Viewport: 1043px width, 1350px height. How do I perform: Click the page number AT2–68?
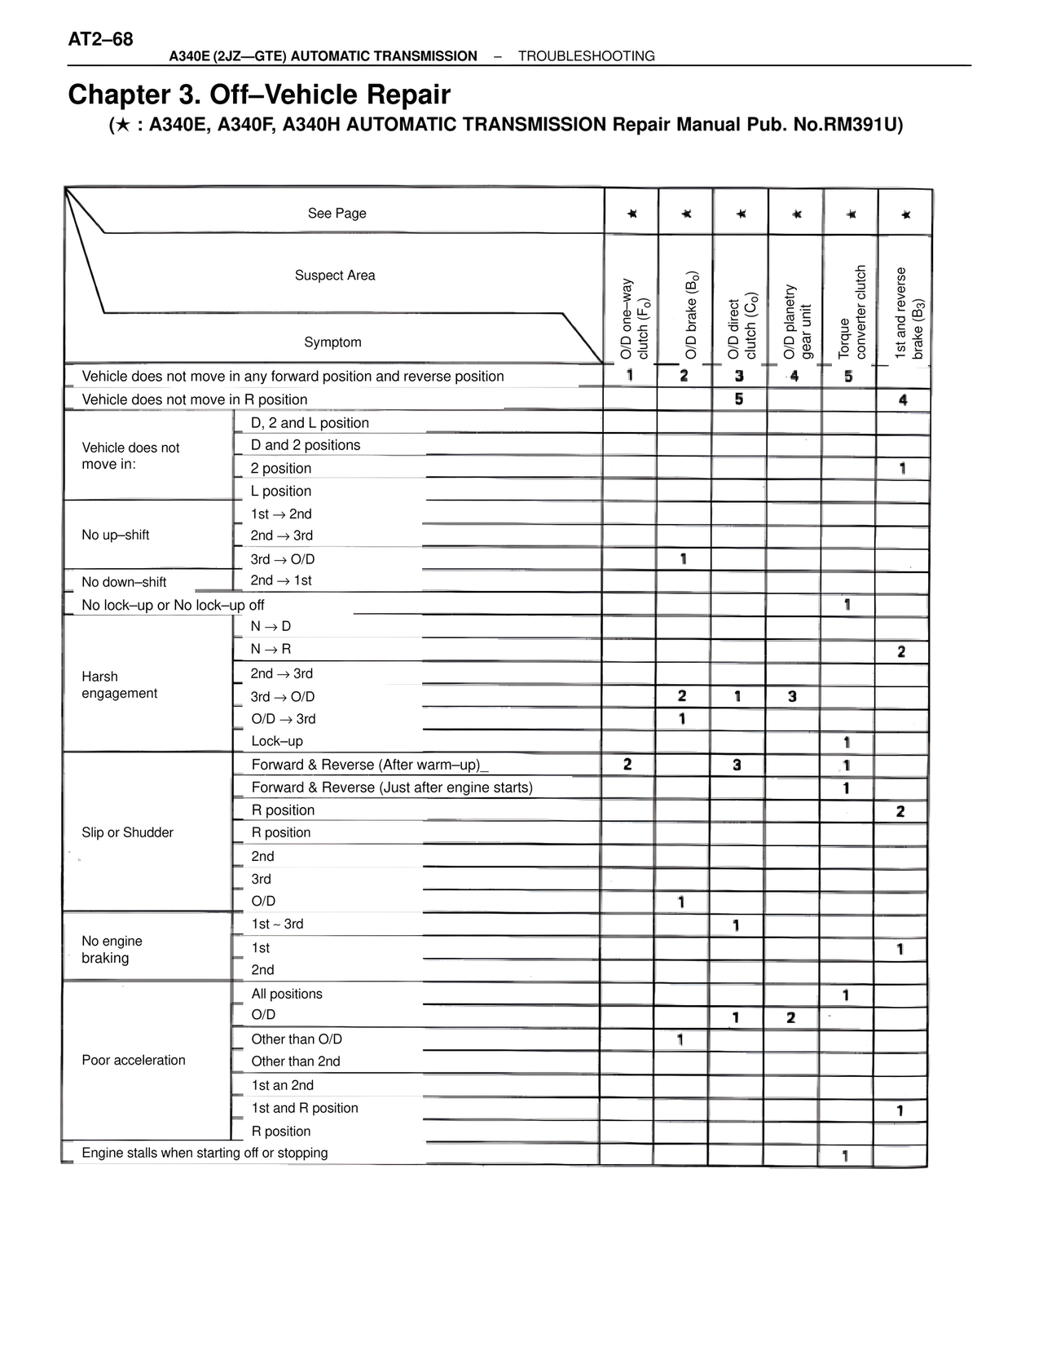pos(101,39)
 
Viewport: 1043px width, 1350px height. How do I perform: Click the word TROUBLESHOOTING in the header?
pos(586,56)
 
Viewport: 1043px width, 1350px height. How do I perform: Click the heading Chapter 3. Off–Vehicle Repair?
pos(259,95)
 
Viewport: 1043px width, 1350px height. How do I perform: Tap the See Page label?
pos(337,214)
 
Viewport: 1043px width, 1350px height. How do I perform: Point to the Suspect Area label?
pos(335,276)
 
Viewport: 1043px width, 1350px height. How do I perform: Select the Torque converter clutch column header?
pos(852,312)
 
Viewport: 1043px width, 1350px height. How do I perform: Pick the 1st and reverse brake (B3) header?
pos(909,313)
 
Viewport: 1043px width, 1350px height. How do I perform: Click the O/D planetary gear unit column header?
pos(798,321)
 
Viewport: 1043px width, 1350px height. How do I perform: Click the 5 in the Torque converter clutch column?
pos(848,377)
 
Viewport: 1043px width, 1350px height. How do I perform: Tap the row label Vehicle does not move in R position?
pos(195,399)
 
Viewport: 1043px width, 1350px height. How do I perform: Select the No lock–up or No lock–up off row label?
pos(173,605)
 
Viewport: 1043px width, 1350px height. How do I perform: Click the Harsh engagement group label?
pos(119,685)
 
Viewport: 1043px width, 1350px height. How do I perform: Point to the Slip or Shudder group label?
pos(127,832)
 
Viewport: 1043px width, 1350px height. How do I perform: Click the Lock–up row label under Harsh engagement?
pos(277,741)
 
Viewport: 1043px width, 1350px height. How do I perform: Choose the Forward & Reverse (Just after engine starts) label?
pos(392,787)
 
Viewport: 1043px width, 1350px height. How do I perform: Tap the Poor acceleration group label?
pos(134,1060)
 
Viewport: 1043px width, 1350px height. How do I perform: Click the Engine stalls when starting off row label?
pos(205,1153)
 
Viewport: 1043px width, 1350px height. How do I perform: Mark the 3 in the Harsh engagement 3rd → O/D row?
pos(792,696)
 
